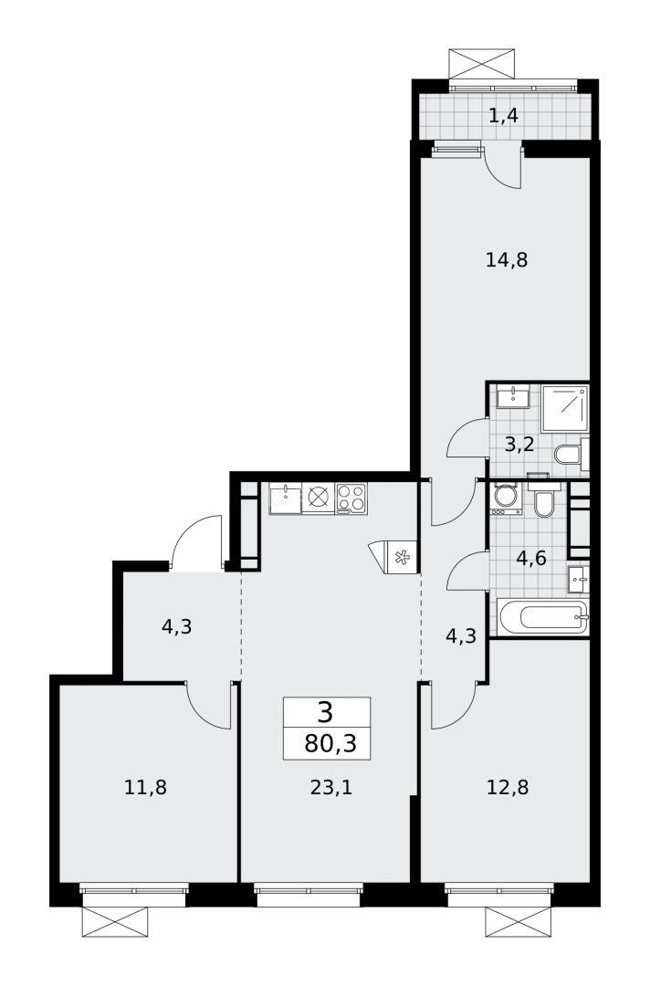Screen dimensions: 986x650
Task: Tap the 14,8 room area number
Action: [507, 260]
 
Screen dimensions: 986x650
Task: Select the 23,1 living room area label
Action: [330, 786]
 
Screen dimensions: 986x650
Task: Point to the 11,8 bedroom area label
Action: [145, 786]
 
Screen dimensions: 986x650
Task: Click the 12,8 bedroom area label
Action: [508, 786]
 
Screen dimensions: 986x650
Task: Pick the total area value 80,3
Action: [327, 743]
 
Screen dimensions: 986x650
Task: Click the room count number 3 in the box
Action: [326, 711]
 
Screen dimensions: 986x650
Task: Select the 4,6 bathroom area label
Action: [530, 558]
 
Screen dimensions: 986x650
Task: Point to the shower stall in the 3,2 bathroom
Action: [564, 407]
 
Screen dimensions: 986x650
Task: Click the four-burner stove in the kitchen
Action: [351, 498]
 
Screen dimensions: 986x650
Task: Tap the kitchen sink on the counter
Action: [286, 498]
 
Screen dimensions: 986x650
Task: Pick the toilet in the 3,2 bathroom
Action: [569, 454]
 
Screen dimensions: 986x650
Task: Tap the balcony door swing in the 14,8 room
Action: [503, 169]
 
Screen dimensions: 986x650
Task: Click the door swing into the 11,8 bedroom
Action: [208, 706]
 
